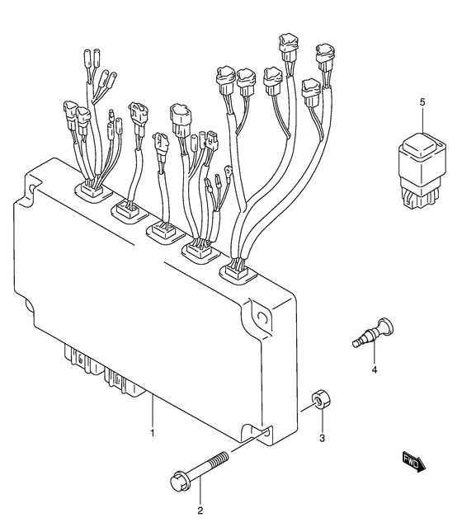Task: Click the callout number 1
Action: point(153,433)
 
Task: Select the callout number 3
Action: point(322,438)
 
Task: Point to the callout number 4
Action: point(375,370)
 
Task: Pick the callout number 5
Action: point(422,101)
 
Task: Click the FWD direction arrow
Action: point(414,462)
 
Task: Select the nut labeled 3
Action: point(321,399)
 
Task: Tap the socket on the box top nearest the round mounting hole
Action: point(238,272)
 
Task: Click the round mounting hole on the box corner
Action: point(262,318)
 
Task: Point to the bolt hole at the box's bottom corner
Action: point(267,432)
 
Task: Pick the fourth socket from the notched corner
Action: point(201,252)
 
